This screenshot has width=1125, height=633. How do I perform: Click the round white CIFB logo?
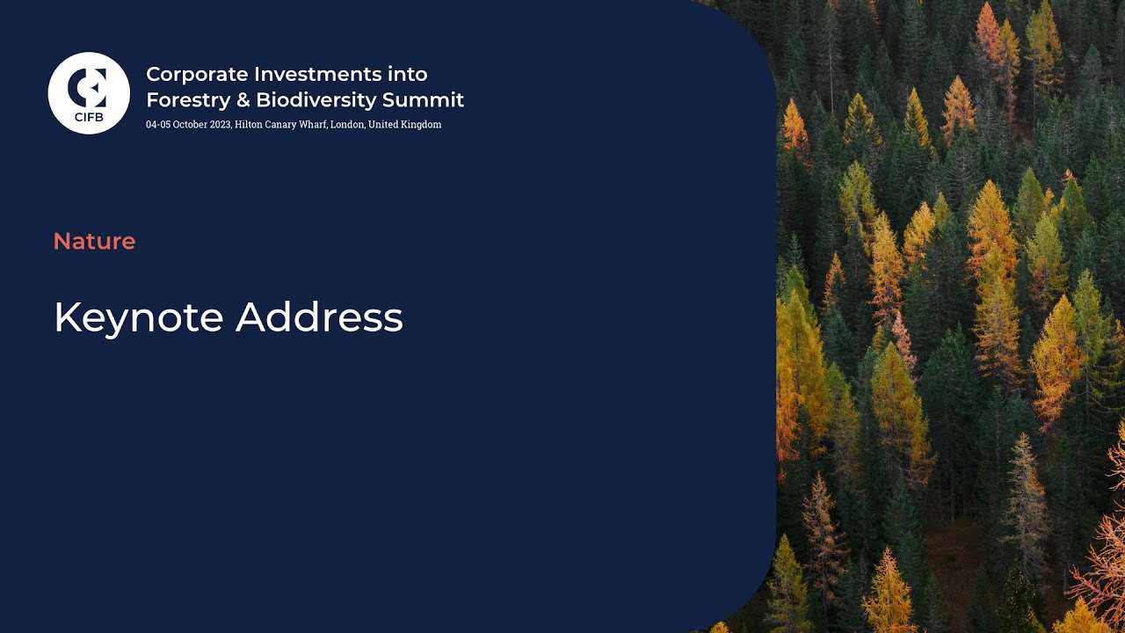click(89, 92)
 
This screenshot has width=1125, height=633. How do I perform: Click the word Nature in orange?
click(94, 241)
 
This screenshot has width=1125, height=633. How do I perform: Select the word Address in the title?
click(319, 317)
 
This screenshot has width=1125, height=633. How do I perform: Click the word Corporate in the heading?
click(185, 74)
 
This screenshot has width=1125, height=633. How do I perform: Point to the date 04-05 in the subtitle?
click(157, 125)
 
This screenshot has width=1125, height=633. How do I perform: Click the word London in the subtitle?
click(347, 125)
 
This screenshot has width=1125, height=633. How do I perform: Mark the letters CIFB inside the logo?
click(89, 117)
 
